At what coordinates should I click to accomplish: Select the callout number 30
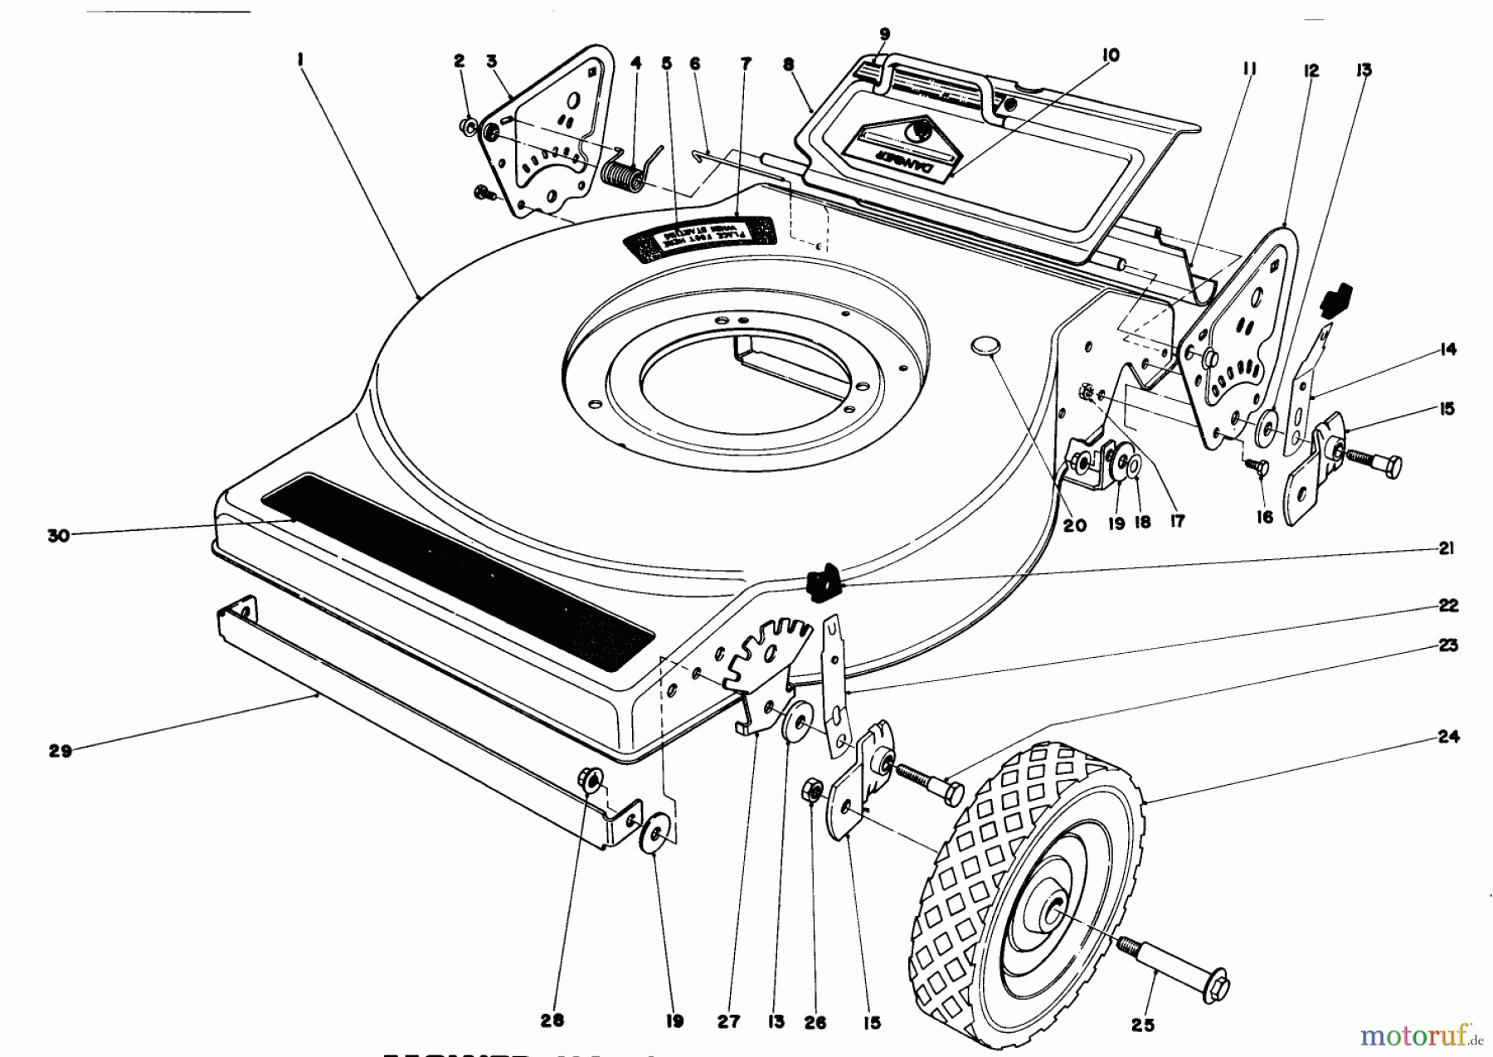(58, 536)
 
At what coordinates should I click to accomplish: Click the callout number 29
(61, 752)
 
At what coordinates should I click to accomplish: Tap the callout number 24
(1448, 736)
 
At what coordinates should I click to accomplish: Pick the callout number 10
(1111, 56)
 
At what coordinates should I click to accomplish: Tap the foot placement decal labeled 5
(698, 237)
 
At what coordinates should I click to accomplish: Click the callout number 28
(553, 1020)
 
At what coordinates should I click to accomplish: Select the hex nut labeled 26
(812, 789)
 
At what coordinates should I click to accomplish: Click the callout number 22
(1448, 606)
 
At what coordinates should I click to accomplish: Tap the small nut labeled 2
(467, 126)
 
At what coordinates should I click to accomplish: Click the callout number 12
(1311, 71)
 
